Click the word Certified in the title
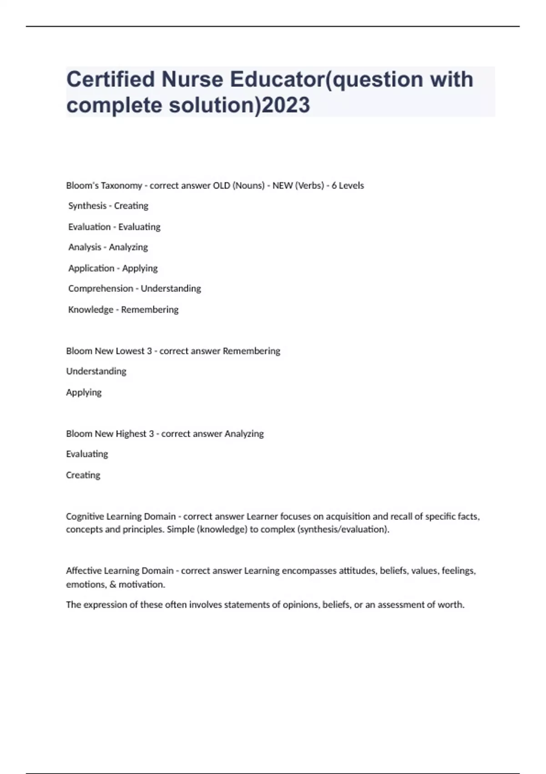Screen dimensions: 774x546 pyautogui.click(x=111, y=79)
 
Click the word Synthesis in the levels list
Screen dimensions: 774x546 pyautogui.click(x=87, y=206)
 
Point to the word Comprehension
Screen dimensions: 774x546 pyautogui.click(x=101, y=289)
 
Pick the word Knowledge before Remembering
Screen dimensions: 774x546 pyautogui.click(x=91, y=310)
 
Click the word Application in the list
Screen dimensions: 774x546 pyautogui.click(x=91, y=268)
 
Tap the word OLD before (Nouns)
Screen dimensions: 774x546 pyautogui.click(x=222, y=186)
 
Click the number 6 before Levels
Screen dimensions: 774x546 pyautogui.click(x=334, y=186)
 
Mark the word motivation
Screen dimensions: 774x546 pyautogui.click(x=142, y=585)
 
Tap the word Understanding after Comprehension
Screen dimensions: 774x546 pyautogui.click(x=171, y=289)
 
